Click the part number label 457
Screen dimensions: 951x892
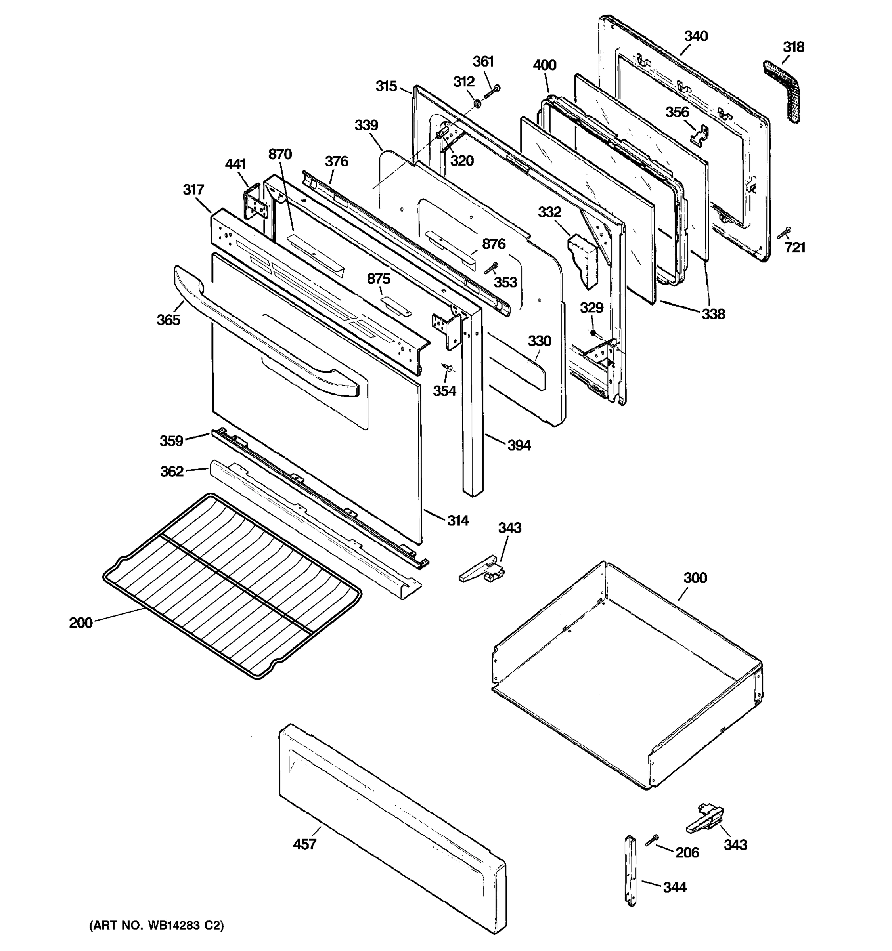304,844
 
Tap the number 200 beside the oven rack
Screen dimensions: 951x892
80,623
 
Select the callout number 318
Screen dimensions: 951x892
793,47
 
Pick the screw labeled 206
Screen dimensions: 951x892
652,840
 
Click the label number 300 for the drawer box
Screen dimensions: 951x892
695,578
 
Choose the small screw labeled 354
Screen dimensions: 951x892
448,367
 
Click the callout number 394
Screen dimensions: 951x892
519,445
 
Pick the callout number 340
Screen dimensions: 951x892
696,36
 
